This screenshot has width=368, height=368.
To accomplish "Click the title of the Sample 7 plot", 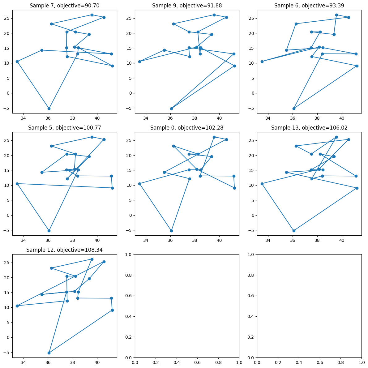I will click(x=65, y=6).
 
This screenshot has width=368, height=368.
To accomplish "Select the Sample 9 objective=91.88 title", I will click(x=187, y=6).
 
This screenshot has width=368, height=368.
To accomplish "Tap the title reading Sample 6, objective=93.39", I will click(x=309, y=6).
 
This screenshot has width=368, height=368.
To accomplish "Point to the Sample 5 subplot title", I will click(x=65, y=128).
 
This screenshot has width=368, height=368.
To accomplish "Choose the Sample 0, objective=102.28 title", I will click(x=187, y=128).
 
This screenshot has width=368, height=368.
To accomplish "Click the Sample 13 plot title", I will click(x=309, y=128).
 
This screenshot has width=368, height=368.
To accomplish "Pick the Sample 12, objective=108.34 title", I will click(x=65, y=250).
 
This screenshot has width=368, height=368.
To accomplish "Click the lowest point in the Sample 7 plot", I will click(x=49, y=109).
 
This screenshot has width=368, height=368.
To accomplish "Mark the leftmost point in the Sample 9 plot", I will click(x=139, y=62).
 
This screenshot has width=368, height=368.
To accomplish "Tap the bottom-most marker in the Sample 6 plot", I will click(x=294, y=109).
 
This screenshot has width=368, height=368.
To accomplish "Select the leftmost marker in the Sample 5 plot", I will click(x=17, y=184).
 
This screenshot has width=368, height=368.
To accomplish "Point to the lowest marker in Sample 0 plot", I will click(x=171, y=231).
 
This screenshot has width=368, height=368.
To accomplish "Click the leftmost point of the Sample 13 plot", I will click(x=262, y=184).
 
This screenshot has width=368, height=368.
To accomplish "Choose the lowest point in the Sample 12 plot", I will click(x=49, y=353).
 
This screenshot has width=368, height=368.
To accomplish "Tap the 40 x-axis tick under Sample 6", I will click(x=342, y=118).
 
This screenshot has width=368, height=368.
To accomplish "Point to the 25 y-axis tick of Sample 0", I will click(x=130, y=140).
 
